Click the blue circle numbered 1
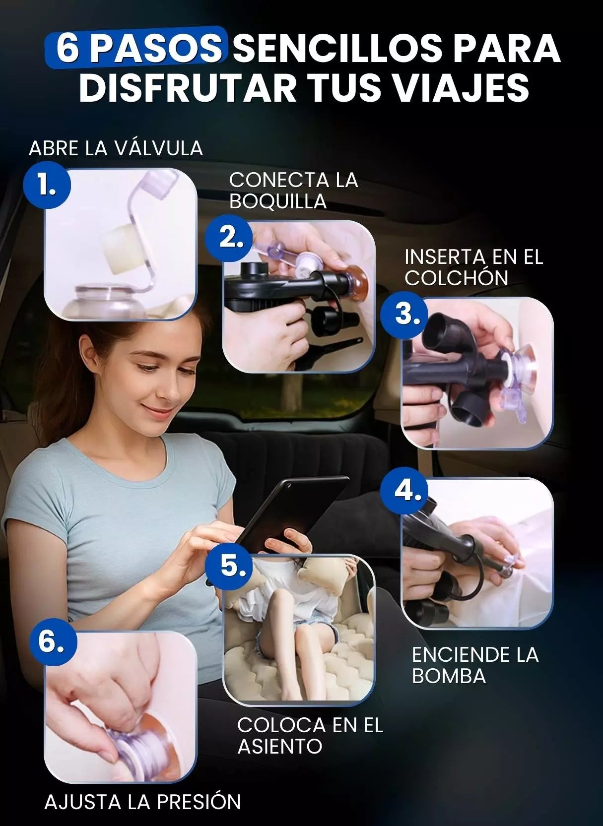click(x=47, y=185)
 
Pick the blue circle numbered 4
click(x=404, y=491)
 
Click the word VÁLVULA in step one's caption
click(x=158, y=148)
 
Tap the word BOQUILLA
click(x=278, y=201)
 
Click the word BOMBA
click(x=449, y=676)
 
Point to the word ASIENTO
click(x=280, y=746)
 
